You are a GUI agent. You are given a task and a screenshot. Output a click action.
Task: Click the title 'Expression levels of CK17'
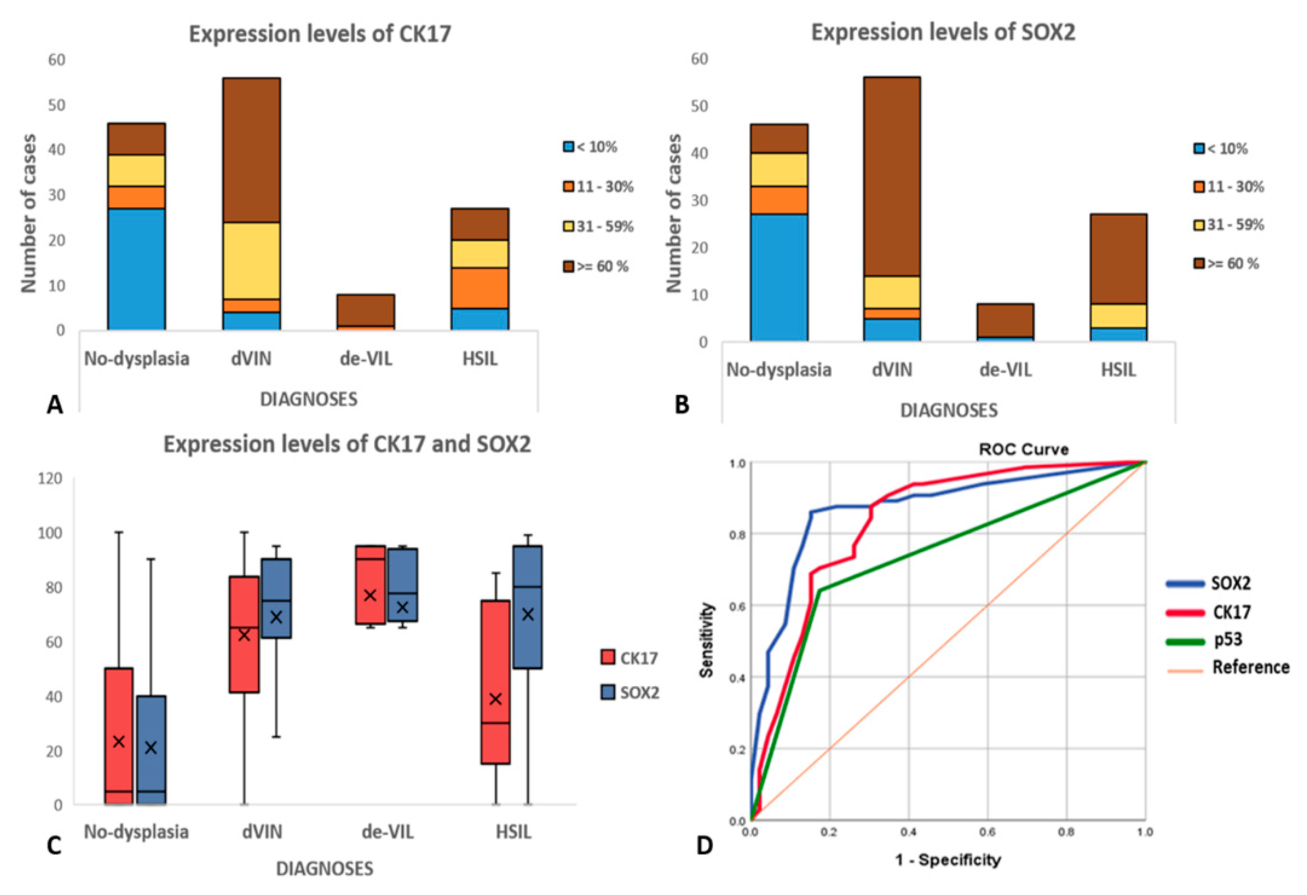[x=320, y=34]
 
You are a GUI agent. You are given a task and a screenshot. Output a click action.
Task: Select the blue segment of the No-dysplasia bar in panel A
[x=136, y=269]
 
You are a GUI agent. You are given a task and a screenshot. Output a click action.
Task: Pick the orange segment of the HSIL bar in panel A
[x=480, y=287]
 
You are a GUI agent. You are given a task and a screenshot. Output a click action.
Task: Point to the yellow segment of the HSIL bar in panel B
[x=1118, y=316]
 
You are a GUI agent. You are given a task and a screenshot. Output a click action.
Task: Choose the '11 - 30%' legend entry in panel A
[x=598, y=187]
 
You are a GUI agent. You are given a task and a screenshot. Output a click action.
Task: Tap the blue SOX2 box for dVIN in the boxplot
[x=276, y=598]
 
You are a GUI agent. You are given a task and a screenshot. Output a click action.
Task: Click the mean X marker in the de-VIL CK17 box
[x=370, y=595]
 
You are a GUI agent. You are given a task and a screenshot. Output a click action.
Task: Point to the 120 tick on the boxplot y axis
[x=50, y=479]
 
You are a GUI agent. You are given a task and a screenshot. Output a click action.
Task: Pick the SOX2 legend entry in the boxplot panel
[x=630, y=692]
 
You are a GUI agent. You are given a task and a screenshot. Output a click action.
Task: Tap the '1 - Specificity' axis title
[x=948, y=859]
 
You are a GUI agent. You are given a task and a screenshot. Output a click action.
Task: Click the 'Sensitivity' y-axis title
[x=707, y=640]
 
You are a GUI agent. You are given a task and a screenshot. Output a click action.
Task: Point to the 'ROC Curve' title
[x=1024, y=449]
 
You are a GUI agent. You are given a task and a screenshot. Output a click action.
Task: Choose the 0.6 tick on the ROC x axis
[x=987, y=832]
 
